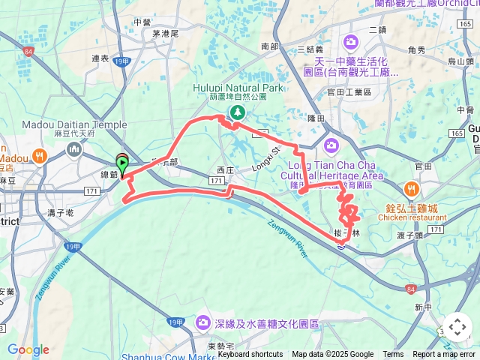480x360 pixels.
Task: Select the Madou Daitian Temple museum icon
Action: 74,150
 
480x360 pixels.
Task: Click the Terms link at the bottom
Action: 393,354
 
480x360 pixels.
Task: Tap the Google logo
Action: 28,349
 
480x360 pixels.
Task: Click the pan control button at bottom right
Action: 457,327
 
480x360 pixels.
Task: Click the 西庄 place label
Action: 226,170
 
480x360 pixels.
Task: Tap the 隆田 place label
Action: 315,118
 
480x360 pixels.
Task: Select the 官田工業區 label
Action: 344,91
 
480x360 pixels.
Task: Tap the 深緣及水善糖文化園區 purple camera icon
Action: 202,322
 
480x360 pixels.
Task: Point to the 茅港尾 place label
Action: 164,34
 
